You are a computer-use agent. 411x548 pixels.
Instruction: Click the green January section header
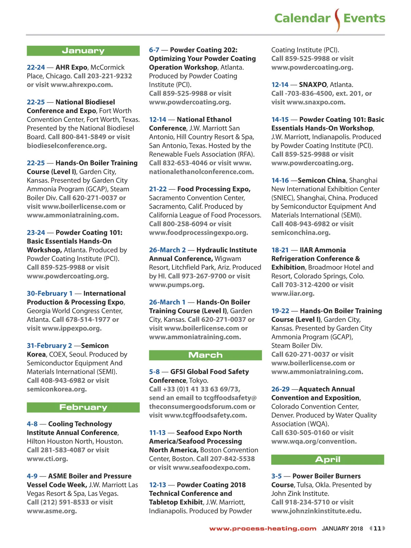(x=83, y=51)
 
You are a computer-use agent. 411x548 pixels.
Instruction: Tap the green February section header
(x=83, y=407)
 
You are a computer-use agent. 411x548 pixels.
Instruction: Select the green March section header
(x=206, y=355)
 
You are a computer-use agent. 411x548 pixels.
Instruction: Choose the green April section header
(x=327, y=460)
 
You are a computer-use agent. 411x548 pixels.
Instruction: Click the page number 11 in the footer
(x=377, y=528)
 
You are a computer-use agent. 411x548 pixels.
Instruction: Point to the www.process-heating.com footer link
(x=263, y=528)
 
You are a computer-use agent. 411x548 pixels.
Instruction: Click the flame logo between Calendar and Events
(x=337, y=20)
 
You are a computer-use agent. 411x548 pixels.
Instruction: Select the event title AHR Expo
(x=71, y=67)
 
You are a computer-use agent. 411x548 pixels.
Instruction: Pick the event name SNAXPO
(x=313, y=85)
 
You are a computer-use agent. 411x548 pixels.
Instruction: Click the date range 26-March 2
(x=167, y=250)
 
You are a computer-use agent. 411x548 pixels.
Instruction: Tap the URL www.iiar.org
(x=293, y=294)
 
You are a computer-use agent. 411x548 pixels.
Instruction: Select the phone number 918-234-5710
(x=307, y=502)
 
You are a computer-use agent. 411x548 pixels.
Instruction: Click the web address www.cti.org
(x=47, y=459)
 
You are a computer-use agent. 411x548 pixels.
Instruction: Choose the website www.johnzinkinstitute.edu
(x=316, y=511)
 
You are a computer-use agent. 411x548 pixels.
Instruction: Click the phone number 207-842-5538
(x=234, y=459)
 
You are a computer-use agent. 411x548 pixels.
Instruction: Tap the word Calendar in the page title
(x=302, y=18)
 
